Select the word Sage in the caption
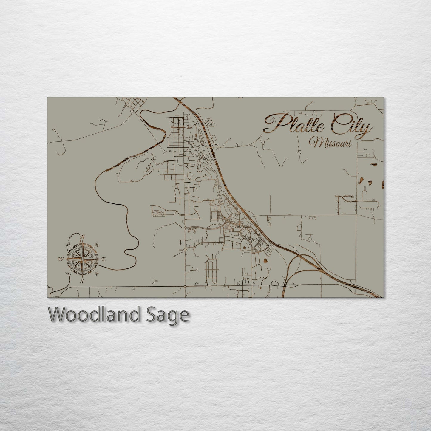pos(171,315)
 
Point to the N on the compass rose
pos(83,237)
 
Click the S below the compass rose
pos(82,281)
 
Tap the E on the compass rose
pos(103,259)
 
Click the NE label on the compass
pos(97,245)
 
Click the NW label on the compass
pos(68,245)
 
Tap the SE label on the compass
pos(96,273)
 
